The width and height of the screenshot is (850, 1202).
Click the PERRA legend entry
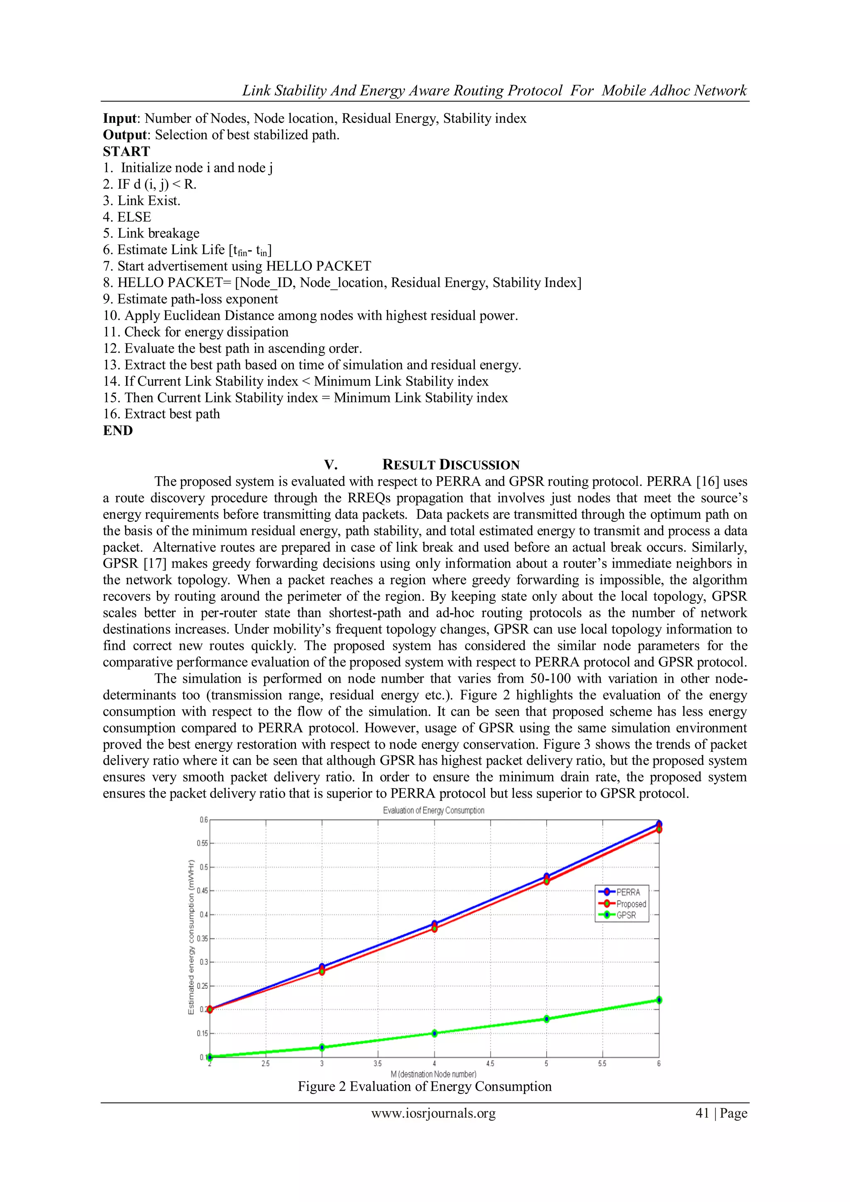(x=628, y=892)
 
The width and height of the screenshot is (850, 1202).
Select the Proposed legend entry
(x=631, y=903)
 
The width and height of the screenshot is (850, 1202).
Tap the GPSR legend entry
(x=626, y=915)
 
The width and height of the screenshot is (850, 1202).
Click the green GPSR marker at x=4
(x=435, y=1033)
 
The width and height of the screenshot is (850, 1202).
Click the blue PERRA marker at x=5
(x=547, y=876)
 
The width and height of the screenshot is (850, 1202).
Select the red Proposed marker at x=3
(x=322, y=971)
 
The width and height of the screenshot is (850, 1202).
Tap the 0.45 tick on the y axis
(x=203, y=891)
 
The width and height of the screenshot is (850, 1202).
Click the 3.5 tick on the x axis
(x=378, y=1063)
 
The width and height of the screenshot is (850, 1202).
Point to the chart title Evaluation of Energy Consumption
(x=433, y=810)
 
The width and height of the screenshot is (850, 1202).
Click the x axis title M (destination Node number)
(x=433, y=1074)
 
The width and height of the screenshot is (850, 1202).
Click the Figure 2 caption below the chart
(x=425, y=1086)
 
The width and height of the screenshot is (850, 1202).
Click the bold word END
(x=118, y=430)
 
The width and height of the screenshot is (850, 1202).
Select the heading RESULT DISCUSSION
(x=450, y=465)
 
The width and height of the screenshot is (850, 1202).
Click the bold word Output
(x=125, y=135)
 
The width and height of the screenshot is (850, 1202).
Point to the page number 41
(x=702, y=1113)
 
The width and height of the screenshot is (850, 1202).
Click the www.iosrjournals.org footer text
(x=433, y=1113)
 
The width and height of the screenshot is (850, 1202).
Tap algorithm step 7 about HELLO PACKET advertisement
(x=237, y=266)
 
